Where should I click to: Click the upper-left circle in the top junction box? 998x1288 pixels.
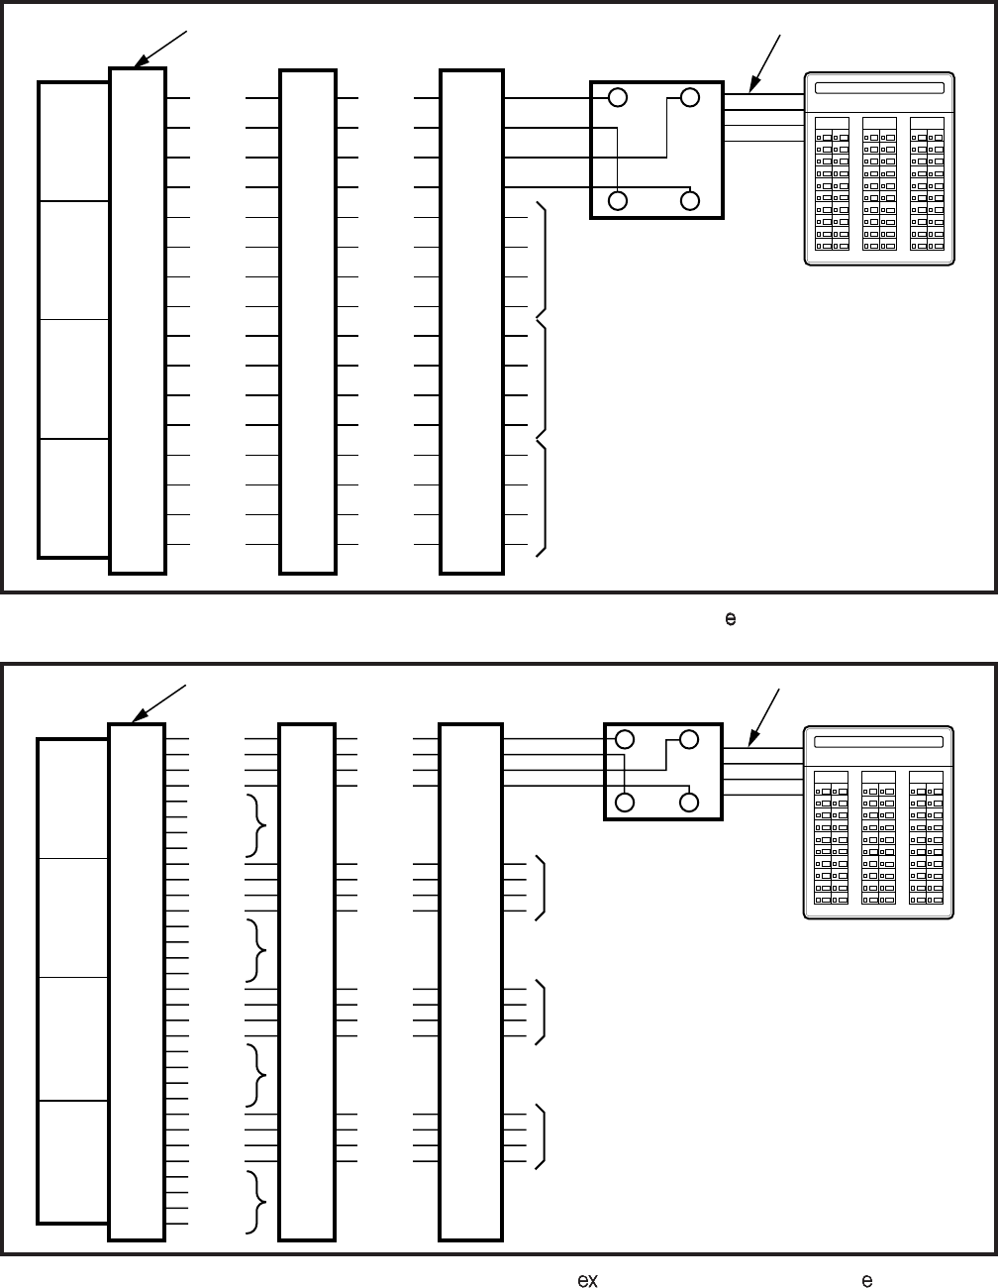coord(618,97)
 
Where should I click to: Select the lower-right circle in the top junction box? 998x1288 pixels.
coord(690,200)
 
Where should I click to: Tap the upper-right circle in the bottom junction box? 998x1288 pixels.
coord(690,739)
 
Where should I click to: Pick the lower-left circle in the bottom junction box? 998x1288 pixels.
coord(626,802)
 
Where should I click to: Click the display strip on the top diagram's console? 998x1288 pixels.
coord(879,87)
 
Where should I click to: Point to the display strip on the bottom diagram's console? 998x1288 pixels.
coord(879,742)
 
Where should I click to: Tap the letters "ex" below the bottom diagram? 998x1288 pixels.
coord(587,1280)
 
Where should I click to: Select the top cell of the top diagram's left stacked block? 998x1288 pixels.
coord(73,142)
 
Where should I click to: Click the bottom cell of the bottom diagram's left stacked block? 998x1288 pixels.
coord(73,1161)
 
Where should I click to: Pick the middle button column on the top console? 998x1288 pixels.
coord(879,183)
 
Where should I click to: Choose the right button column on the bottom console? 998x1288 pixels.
coord(927,837)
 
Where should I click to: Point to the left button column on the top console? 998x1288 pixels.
coord(832,183)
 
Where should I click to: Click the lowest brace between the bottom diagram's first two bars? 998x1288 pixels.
coord(258,1201)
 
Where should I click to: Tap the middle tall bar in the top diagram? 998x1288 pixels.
coord(308,321)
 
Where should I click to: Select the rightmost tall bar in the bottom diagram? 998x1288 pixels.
coord(470,981)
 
